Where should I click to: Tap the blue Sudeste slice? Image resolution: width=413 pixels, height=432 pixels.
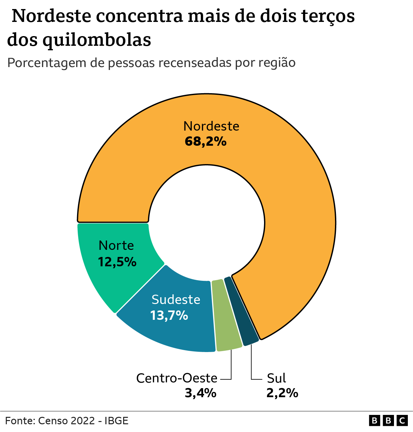pos(181,329)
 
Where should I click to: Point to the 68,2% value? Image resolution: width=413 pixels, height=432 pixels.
pos(205,142)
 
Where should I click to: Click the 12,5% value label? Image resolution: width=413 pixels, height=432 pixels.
pos(117,262)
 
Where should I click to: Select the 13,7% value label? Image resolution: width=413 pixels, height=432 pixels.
pos(169,315)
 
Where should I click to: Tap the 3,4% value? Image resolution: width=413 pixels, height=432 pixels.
pos(200,393)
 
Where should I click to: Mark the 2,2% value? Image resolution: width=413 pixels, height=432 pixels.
pos(282,393)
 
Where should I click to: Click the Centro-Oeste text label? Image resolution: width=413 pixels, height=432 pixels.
pos(177,378)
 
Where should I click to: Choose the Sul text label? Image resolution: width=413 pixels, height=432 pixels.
pos(276,378)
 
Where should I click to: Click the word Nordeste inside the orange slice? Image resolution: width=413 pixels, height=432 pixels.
pos(211,126)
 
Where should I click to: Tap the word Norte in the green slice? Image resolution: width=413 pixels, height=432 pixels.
pos(116,246)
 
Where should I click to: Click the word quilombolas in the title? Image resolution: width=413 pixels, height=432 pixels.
pos(97,40)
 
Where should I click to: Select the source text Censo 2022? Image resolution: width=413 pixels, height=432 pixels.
pos(66,421)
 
